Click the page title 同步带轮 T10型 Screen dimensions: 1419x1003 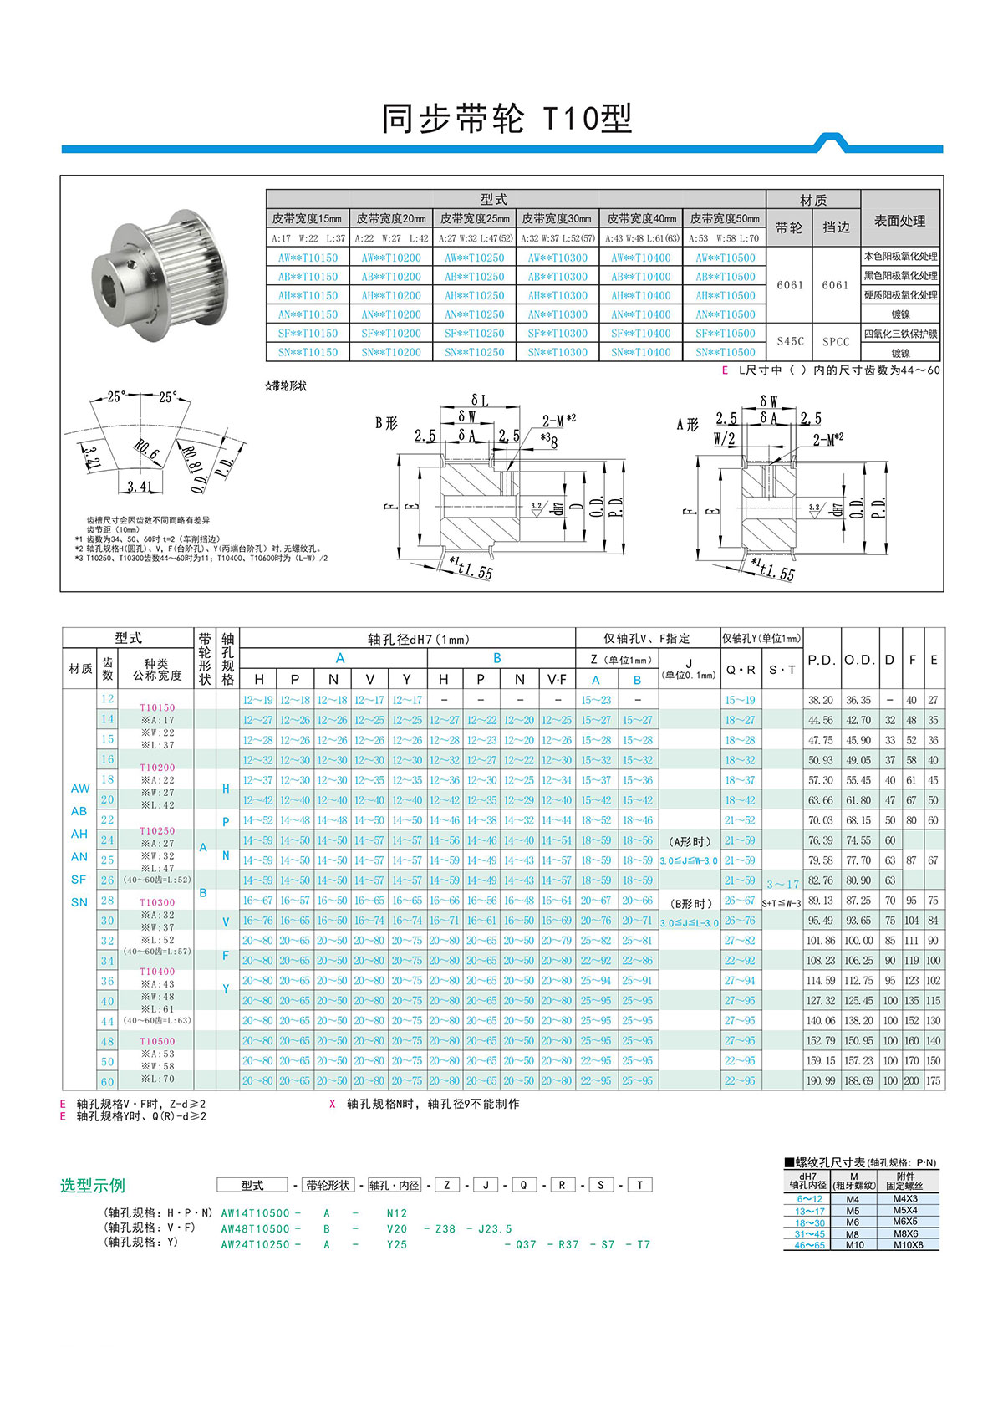(507, 119)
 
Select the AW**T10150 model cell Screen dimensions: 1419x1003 (308, 258)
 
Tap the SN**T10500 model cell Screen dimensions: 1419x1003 (725, 352)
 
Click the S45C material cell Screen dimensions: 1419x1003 (790, 341)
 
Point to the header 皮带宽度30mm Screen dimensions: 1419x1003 (558, 218)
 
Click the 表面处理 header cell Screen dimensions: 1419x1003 (899, 221)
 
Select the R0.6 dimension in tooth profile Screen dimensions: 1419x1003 (145, 453)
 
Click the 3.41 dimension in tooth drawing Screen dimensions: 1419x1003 (140, 486)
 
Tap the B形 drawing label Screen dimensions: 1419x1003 (386, 423)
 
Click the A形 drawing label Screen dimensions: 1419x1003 (687, 425)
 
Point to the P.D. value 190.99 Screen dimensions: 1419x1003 (821, 1080)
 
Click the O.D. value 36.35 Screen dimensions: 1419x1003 (858, 700)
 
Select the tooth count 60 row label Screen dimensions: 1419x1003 (108, 1081)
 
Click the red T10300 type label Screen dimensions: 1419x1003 (157, 902)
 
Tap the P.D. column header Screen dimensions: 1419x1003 (821, 660)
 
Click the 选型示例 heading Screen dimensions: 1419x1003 (93, 1185)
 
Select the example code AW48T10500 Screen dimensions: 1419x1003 (255, 1228)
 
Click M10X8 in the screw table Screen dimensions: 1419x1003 (908, 1244)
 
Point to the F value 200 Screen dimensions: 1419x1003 (911, 1080)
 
